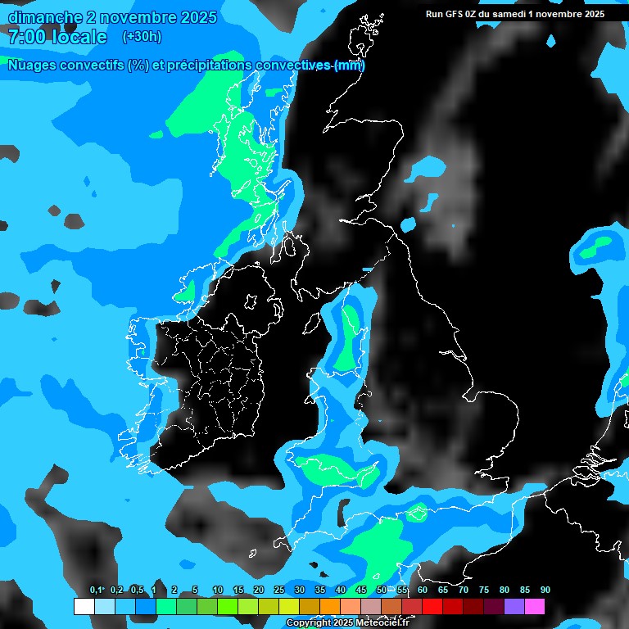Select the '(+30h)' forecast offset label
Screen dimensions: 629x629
click(x=141, y=37)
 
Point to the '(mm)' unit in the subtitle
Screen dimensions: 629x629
click(x=350, y=66)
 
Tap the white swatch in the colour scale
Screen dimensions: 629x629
click(x=84, y=606)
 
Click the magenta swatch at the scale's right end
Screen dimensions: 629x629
click(x=534, y=606)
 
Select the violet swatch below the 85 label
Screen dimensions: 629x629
click(x=514, y=606)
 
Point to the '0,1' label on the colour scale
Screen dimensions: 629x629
click(x=96, y=591)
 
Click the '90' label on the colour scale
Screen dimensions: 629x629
click(x=545, y=591)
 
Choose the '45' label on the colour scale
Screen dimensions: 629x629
click(x=361, y=591)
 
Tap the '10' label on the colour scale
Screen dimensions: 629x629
click(x=218, y=591)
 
